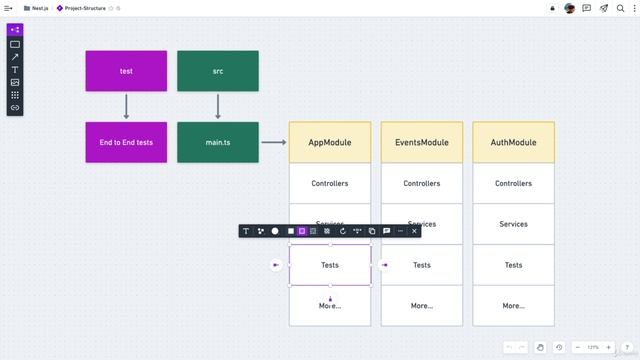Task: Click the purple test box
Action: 126,71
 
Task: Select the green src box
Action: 218,71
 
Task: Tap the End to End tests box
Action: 126,143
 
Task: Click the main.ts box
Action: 218,143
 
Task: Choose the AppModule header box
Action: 330,143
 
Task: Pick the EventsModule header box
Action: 422,143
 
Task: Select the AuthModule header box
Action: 513,143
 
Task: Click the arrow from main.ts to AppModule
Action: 273,143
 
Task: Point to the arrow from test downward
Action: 126,106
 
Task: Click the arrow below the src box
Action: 218,106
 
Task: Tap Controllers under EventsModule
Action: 422,184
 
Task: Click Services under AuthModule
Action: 513,224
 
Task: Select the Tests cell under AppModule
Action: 330,265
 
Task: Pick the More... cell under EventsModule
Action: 422,305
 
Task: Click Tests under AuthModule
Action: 513,265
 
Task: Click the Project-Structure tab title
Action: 85,8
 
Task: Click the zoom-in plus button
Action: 608,347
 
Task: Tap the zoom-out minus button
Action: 578,347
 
